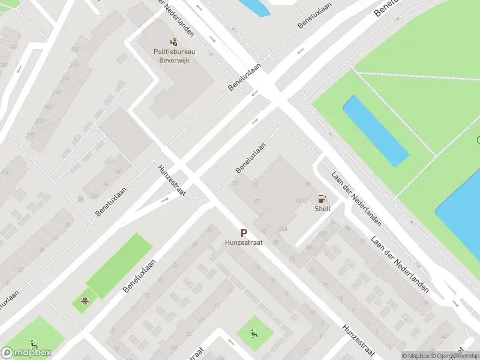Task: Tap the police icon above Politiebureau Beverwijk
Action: (175, 42)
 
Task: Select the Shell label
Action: (323, 209)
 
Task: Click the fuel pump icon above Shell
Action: (323, 199)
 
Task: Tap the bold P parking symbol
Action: (244, 233)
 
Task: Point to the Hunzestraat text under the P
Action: (244, 243)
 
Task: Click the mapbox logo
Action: (26, 353)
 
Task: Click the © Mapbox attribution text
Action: (415, 356)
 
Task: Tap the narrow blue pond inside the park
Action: (376, 131)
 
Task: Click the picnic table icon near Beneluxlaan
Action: (86, 299)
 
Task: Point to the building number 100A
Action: (281, 229)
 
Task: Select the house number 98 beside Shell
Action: (308, 185)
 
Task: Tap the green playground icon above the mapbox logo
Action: (35, 344)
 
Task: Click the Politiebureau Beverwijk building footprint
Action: (180, 84)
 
